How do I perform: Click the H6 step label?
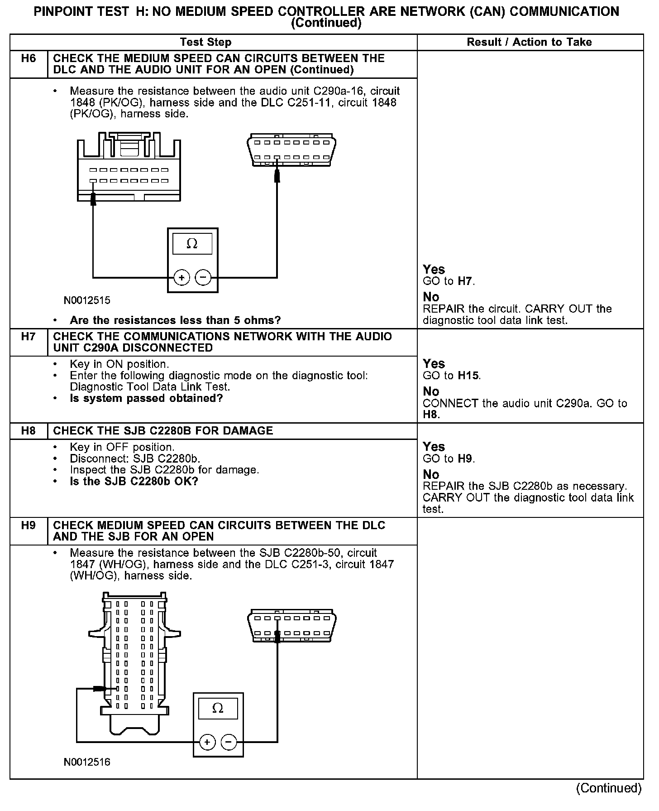point(29,58)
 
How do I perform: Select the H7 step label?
point(29,337)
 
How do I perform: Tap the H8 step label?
point(29,431)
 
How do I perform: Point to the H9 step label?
point(29,526)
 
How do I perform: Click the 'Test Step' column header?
point(205,42)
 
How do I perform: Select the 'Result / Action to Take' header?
point(529,42)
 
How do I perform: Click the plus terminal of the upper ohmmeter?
point(181,277)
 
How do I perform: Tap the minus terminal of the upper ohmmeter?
point(203,277)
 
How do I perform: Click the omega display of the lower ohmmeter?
point(218,708)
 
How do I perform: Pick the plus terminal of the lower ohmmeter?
point(207,742)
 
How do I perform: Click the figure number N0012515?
point(87,300)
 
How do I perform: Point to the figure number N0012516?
point(87,762)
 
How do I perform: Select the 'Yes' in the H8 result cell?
point(434,447)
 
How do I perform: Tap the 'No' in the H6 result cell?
point(431,297)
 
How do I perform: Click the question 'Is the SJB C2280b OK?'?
point(134,481)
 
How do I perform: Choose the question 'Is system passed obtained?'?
point(146,398)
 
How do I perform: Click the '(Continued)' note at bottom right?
point(608,788)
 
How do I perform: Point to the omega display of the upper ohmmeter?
point(192,244)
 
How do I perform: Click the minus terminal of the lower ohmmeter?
point(229,742)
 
